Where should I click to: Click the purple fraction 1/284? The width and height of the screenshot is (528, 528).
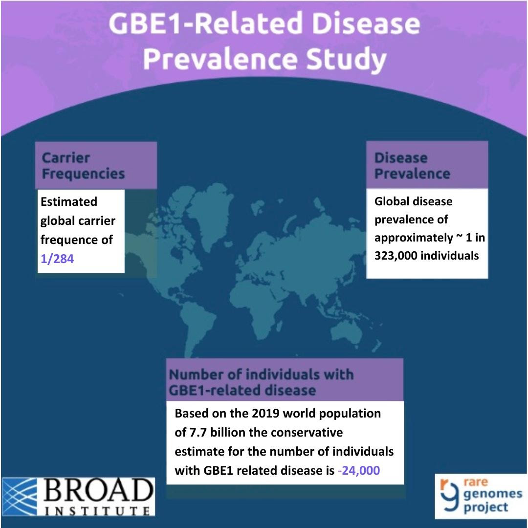click(57, 259)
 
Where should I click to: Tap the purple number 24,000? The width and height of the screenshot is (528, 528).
click(360, 470)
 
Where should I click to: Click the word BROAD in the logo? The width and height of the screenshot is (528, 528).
click(98, 491)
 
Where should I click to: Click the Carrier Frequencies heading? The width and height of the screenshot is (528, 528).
click(83, 166)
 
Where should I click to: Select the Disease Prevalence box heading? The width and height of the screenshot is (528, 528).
click(412, 166)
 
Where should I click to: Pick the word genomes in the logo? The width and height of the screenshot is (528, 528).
click(493, 494)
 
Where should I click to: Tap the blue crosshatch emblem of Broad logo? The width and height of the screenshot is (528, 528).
click(20, 497)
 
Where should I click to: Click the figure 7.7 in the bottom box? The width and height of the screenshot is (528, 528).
click(198, 432)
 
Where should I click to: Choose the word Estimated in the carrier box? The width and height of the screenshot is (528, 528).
click(69, 202)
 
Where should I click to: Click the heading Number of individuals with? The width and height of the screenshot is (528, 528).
click(261, 374)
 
